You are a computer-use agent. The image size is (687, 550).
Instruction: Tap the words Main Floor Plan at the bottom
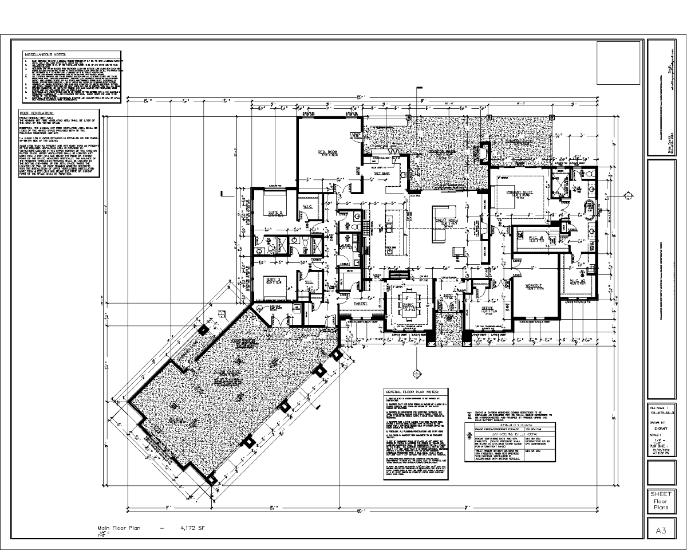pos(119,527)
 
